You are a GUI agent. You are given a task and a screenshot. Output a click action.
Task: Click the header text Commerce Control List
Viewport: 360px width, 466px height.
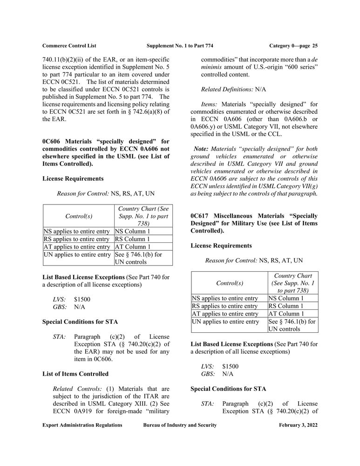[x=69, y=45]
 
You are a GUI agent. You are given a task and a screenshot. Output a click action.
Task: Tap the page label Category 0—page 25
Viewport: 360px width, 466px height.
[x=293, y=45]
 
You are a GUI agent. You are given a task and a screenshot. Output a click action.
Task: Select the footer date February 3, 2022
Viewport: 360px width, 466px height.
[x=298, y=425]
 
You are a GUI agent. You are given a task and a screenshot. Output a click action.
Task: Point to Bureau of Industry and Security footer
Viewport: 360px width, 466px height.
[x=181, y=425]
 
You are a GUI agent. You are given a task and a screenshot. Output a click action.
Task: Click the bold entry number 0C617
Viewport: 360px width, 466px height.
[x=202, y=216]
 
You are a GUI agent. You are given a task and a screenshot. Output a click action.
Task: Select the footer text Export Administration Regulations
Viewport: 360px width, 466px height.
[x=82, y=425]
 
